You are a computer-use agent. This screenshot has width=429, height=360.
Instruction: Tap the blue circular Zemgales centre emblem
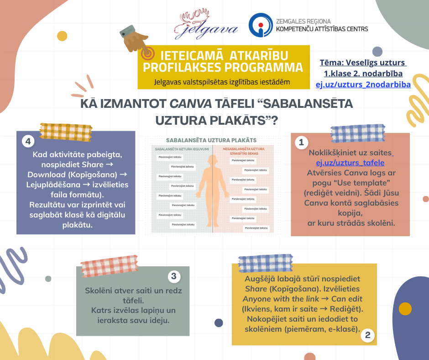click(260, 25)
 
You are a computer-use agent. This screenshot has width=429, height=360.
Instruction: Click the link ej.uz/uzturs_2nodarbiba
click(363, 84)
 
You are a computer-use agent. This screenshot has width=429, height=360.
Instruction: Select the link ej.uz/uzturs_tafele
click(350, 163)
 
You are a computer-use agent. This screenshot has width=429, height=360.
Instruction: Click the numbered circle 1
click(301, 143)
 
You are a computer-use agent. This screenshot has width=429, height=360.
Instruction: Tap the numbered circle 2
click(368, 336)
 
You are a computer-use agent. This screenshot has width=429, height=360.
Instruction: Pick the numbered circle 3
click(173, 276)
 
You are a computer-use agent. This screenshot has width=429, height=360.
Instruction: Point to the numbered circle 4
click(28, 142)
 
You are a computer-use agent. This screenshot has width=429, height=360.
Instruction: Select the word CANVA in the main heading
click(190, 104)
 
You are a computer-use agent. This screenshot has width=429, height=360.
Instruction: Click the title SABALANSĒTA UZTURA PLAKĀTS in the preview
click(211, 140)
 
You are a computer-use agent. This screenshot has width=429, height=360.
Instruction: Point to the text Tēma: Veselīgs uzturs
click(363, 63)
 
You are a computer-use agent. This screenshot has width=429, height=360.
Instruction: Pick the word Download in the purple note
click(44, 175)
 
